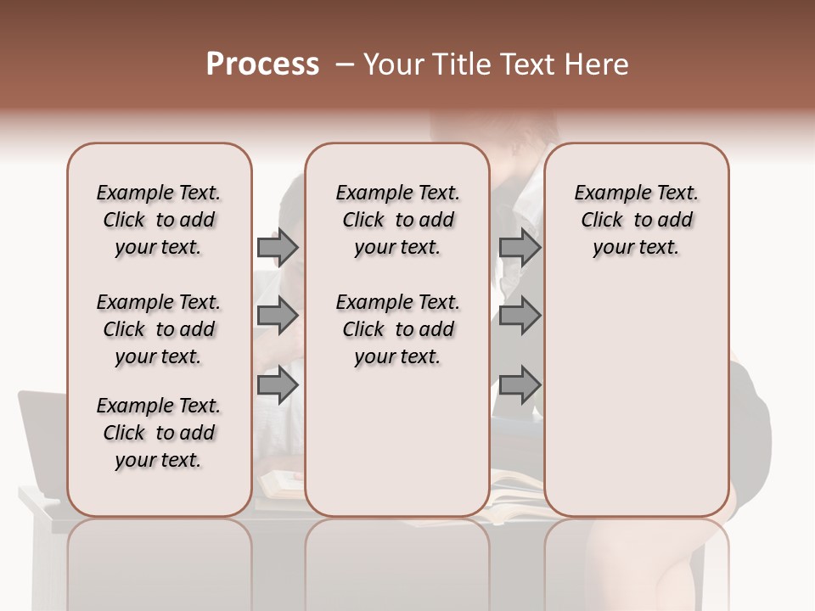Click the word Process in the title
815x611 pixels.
262,64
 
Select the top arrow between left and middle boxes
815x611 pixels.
278,247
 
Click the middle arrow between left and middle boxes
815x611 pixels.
278,316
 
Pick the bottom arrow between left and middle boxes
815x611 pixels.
278,385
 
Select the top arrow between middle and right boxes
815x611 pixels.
520,247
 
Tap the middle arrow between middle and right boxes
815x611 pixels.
520,316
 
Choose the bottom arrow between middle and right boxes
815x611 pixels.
520,385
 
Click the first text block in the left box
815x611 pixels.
159,220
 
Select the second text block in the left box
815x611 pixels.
159,329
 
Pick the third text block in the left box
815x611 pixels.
159,433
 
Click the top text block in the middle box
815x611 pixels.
397,220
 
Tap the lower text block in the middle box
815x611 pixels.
397,329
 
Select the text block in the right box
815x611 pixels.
636,220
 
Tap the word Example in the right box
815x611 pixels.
605,193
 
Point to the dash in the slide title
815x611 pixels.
344,64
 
